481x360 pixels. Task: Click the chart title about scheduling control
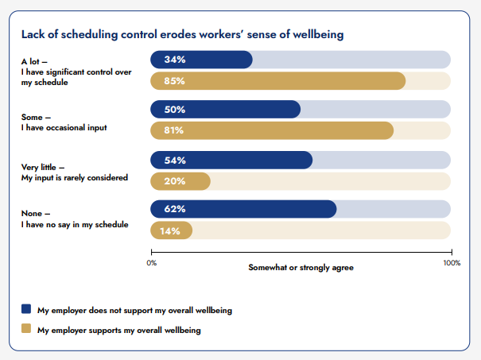(x=182, y=35)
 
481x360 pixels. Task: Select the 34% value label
(x=174, y=60)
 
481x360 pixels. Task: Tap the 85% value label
(x=174, y=80)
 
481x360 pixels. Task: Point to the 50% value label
(x=174, y=110)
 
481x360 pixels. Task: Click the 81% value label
(x=174, y=130)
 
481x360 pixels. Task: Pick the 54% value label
(x=174, y=161)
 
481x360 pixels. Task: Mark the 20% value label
(x=174, y=181)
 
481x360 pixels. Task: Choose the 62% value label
(x=174, y=210)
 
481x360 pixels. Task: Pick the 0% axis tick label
(x=152, y=261)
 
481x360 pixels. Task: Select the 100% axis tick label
(x=451, y=261)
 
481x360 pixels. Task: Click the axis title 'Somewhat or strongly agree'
(x=301, y=268)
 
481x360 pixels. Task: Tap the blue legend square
(x=26, y=309)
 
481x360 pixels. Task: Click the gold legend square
(x=26, y=329)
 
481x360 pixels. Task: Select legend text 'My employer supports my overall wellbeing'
(x=119, y=329)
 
